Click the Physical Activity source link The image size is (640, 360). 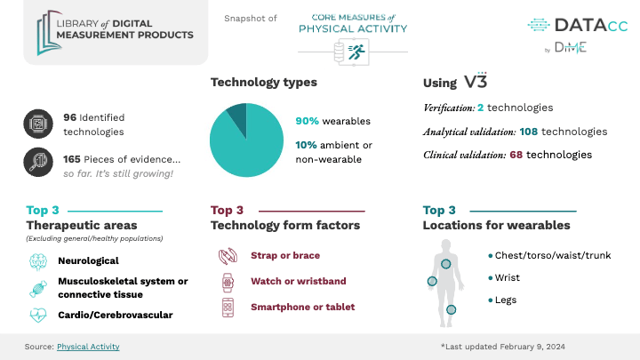(88, 347)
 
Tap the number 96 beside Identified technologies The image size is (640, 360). (70, 116)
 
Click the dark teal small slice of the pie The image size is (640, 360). (236, 115)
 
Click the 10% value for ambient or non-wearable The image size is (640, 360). (306, 146)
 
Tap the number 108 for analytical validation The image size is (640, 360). (531, 132)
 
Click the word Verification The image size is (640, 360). (447, 108)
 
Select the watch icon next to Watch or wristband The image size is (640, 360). (227, 282)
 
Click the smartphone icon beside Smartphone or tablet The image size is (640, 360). (227, 308)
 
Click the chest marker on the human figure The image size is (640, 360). (447, 264)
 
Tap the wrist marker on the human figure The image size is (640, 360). (432, 282)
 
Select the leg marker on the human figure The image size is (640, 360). (452, 309)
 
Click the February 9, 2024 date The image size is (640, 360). (528, 347)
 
